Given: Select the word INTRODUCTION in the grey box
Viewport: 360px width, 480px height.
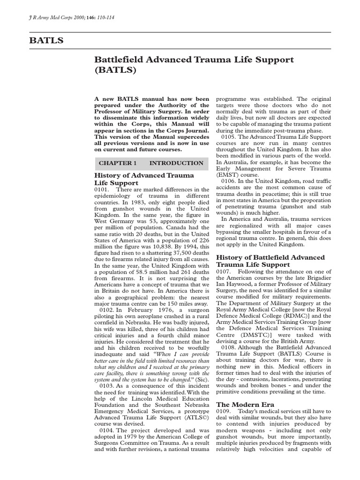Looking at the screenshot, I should click(x=176, y=163).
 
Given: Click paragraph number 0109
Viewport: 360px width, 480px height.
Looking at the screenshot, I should click(x=223, y=411).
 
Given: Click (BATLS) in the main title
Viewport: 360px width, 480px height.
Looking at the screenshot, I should click(x=115, y=71).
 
